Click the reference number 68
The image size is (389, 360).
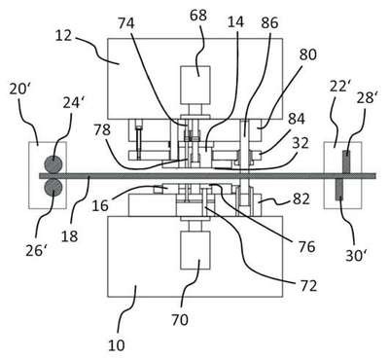198,16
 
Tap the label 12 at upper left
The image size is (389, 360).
63,35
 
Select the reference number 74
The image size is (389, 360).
125,23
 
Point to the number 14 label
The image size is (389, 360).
235,22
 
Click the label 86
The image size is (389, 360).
269,23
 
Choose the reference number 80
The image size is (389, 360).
307,54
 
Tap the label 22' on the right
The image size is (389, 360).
339,87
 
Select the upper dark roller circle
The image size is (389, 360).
53,164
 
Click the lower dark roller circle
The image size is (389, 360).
53,188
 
